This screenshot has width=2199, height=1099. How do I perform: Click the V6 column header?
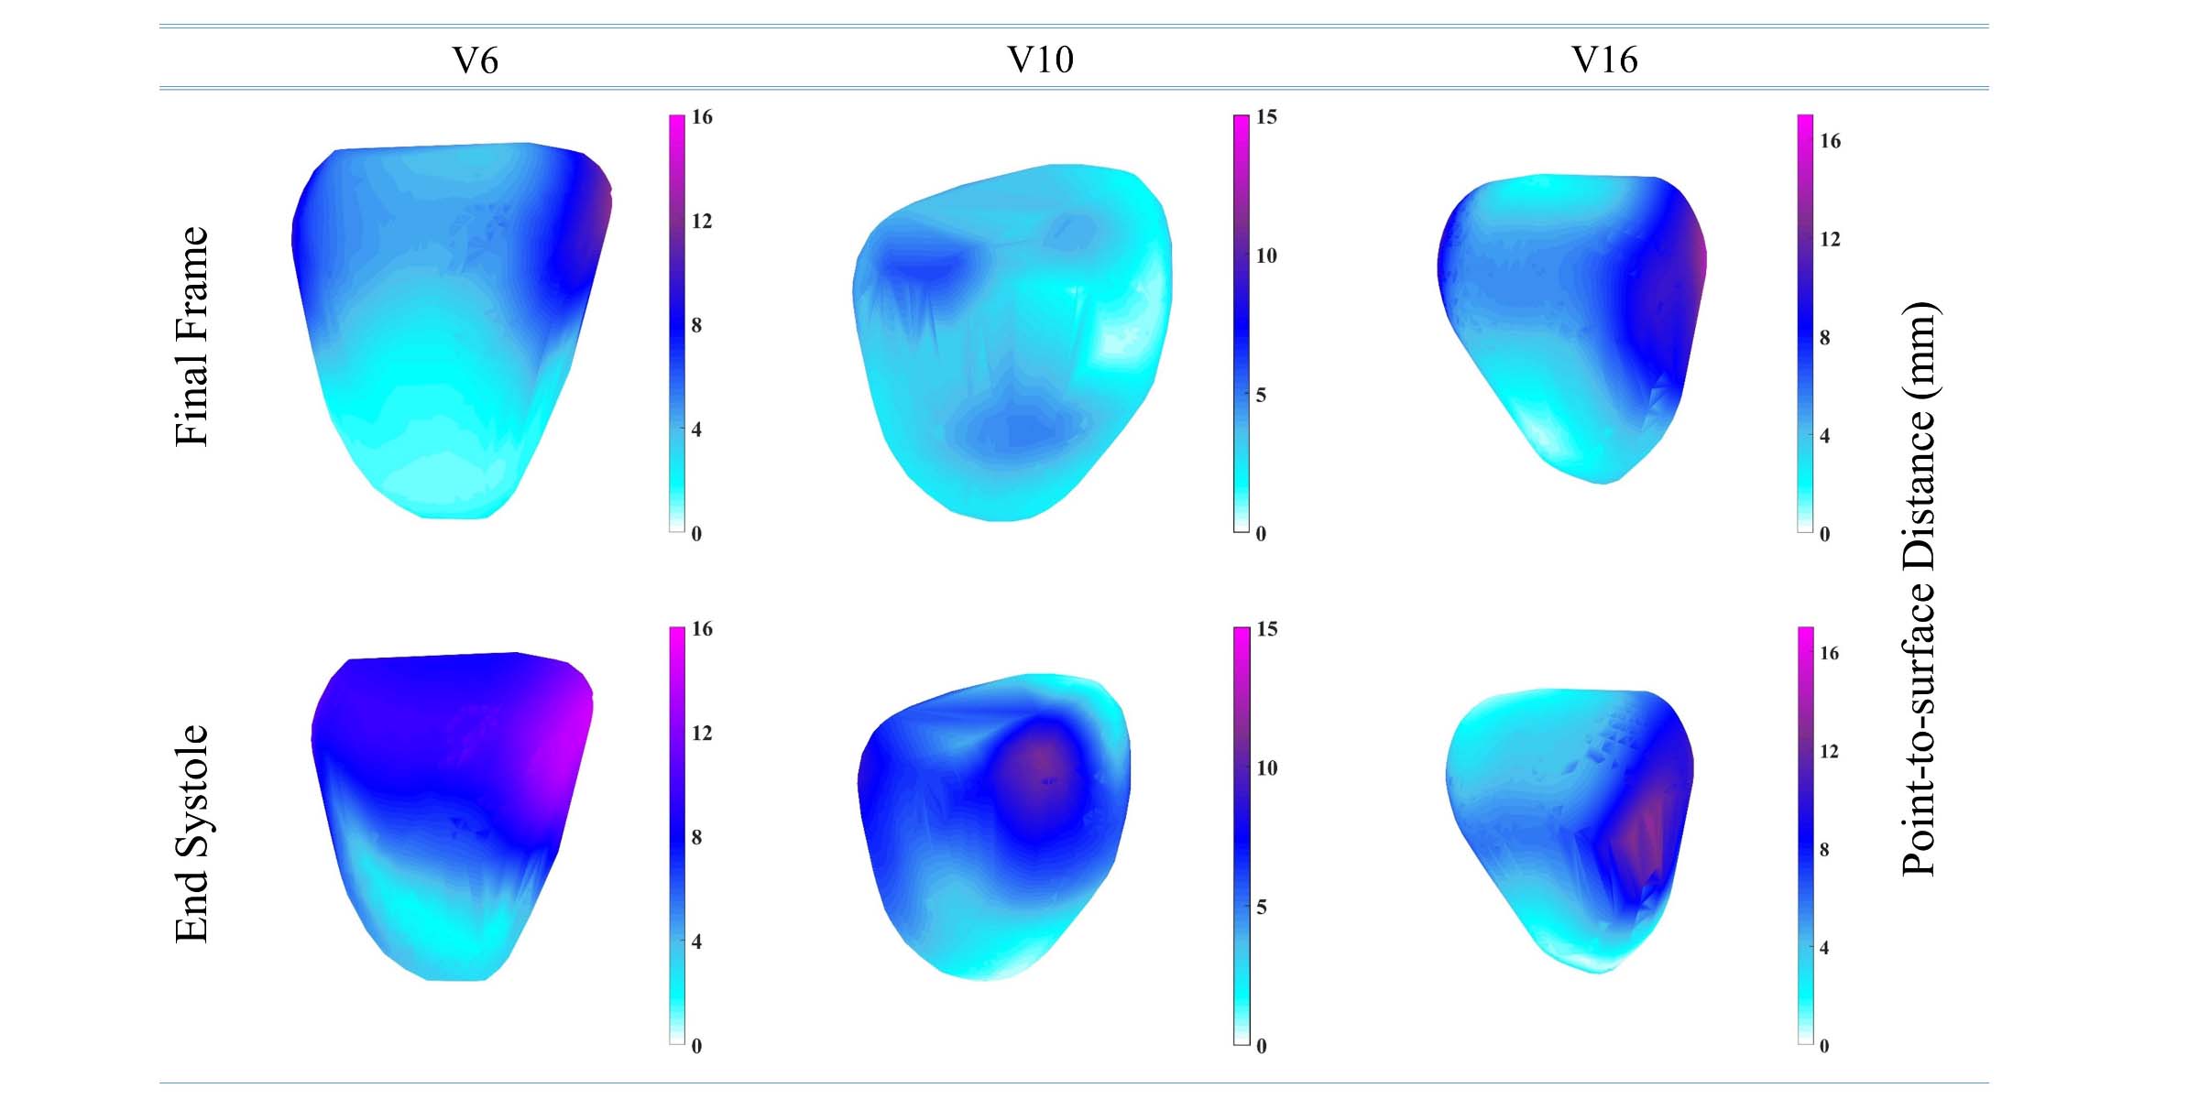tap(476, 60)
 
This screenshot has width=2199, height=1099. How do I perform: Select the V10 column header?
tap(1040, 60)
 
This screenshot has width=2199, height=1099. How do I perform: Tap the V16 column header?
tap(1604, 60)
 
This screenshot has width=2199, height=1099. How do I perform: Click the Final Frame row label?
tap(192, 337)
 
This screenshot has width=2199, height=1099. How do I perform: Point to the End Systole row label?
tap(192, 833)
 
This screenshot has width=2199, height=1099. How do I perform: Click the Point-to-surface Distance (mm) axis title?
tap(1919, 589)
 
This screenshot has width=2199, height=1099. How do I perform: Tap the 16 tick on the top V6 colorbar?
tap(702, 117)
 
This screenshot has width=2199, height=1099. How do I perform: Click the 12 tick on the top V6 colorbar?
tap(702, 221)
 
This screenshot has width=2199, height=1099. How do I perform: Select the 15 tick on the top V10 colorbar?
tap(1266, 117)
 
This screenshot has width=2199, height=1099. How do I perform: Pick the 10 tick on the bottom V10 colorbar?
tap(1266, 768)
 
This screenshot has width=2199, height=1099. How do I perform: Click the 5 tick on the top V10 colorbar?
tap(1262, 395)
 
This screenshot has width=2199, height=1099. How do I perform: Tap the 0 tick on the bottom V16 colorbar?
tap(1824, 1046)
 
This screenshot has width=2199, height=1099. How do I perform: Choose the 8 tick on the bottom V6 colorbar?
tap(697, 837)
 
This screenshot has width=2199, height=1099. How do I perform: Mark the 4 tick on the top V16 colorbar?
tap(1825, 436)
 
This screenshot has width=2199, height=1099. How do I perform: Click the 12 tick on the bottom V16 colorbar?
tap(1829, 752)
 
